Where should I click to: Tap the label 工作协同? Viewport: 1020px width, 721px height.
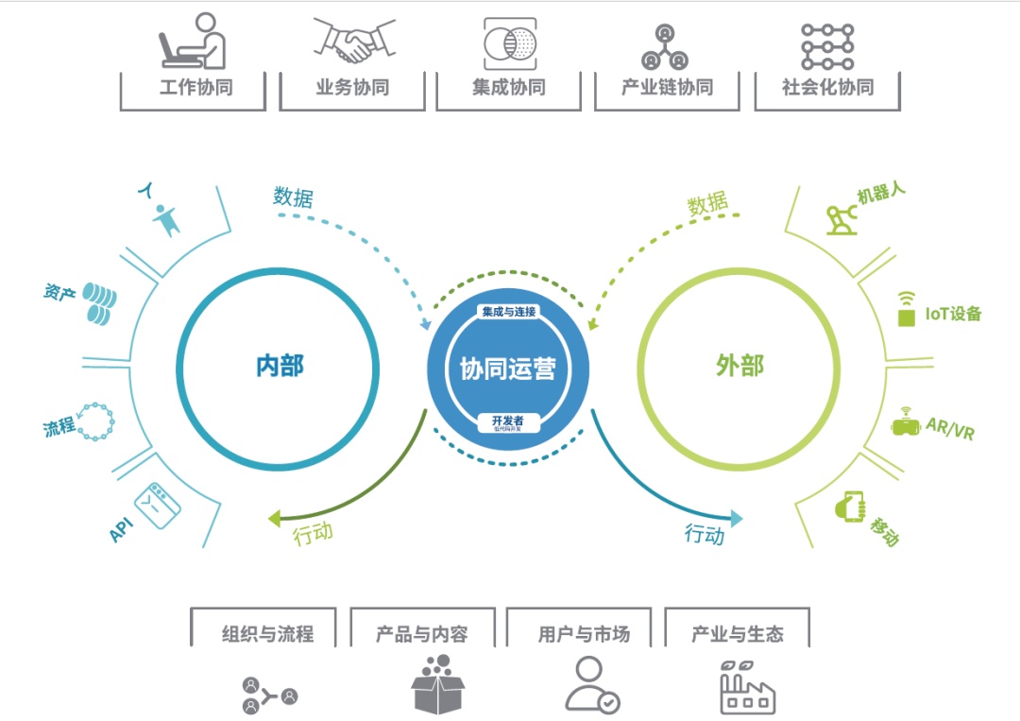(x=195, y=88)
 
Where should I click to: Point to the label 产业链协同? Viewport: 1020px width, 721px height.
(x=667, y=88)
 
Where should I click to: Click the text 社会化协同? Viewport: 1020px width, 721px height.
(x=827, y=88)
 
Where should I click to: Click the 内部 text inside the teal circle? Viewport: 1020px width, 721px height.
(x=280, y=366)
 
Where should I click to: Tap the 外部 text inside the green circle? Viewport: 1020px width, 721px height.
(x=739, y=366)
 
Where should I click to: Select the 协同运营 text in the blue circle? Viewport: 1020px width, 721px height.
(x=508, y=369)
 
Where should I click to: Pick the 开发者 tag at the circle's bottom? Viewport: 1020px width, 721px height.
(x=508, y=421)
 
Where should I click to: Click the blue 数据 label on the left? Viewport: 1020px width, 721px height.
(x=293, y=197)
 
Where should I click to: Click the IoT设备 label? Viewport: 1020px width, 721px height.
(x=953, y=314)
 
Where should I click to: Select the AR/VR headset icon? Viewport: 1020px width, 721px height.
(x=907, y=423)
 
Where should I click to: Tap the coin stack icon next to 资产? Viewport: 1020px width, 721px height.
(x=98, y=301)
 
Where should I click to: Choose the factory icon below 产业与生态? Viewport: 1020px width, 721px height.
(x=747, y=687)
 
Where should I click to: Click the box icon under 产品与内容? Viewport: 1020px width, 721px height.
(x=439, y=685)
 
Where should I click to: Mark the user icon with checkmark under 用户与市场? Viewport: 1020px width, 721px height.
(x=592, y=685)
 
